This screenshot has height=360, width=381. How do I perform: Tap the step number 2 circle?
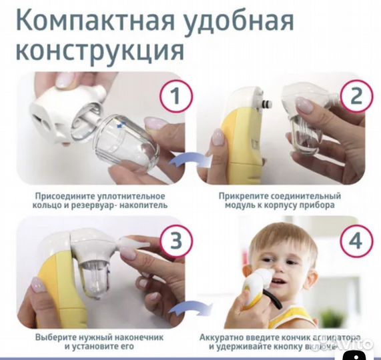click(357, 95)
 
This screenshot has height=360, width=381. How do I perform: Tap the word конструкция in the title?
click(100, 49)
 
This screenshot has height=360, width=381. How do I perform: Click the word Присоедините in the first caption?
click(64, 197)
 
